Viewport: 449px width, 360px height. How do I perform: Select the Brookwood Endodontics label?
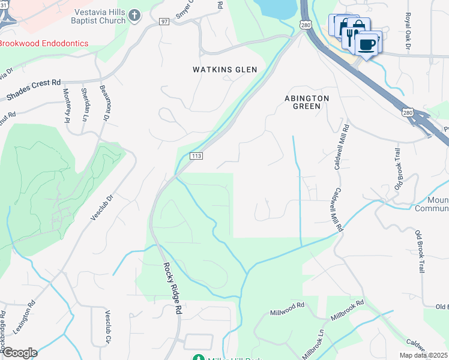43,44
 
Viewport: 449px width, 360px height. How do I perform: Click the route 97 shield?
164,22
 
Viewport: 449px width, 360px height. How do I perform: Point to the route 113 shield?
196,156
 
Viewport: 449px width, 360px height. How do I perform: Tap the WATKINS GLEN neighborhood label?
224,70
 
